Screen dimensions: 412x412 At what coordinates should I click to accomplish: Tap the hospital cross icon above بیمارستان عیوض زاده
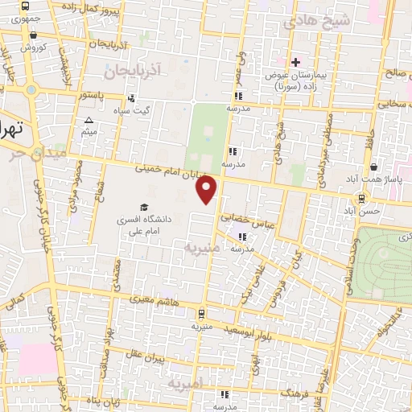click(295, 62)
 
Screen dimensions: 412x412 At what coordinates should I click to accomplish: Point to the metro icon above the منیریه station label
click(200, 315)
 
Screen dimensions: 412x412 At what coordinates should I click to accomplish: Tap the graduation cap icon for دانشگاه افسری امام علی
click(145, 208)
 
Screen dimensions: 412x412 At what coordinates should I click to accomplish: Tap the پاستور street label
click(91, 96)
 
